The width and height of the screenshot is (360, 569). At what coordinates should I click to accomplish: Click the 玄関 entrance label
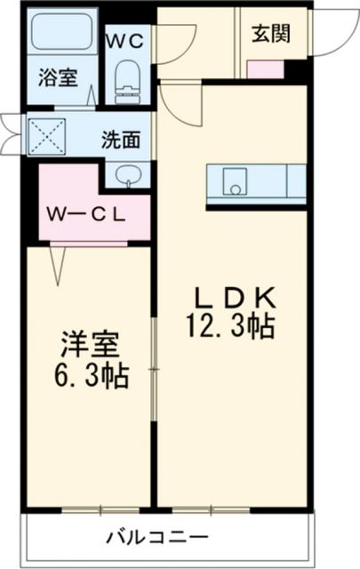coord(269,34)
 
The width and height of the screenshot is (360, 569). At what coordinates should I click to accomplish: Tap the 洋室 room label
coord(91,344)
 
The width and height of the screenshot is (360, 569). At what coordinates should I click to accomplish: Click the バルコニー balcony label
coord(157,538)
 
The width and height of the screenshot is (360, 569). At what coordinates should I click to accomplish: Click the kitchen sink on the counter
coord(235,186)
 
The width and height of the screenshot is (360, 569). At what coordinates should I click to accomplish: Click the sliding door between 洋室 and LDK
coord(156,373)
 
